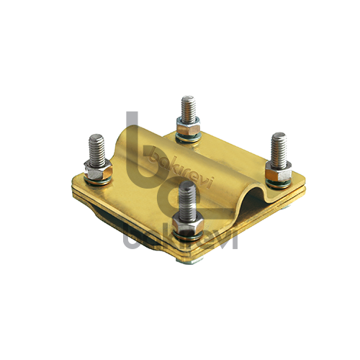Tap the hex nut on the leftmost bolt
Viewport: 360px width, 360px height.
[98, 170]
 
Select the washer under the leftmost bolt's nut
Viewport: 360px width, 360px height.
[98, 181]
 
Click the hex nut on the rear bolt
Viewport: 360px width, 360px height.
[188, 127]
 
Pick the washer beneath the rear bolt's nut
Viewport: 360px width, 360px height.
[188, 138]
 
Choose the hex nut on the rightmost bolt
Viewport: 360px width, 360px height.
[279, 171]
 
